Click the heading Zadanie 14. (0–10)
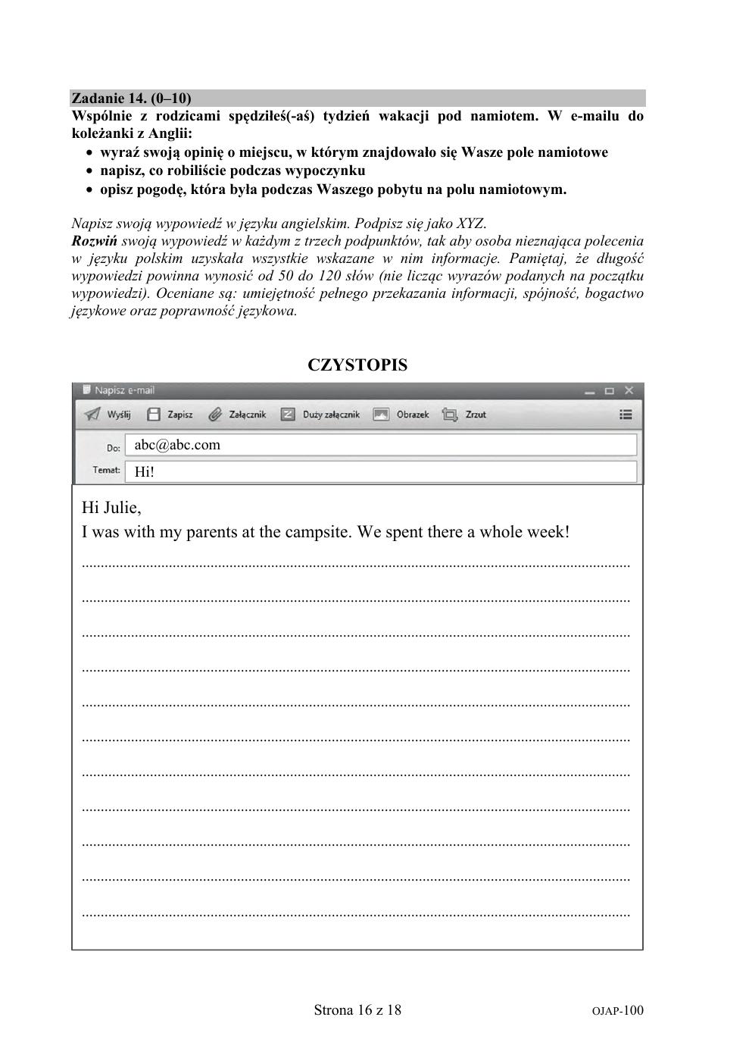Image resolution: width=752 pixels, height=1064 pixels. pos(130,99)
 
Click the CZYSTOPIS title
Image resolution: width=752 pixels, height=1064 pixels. pos(357,365)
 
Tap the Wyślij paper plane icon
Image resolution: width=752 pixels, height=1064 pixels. pos(92,415)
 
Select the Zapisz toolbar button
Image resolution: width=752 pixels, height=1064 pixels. pos(170,415)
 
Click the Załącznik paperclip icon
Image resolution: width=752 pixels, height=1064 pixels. pos(216,415)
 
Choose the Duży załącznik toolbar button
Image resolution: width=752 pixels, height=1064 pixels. pos(321,415)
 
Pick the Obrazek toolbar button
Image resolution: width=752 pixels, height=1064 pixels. pos(402,415)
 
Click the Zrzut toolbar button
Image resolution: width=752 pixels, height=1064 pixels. pos(465,415)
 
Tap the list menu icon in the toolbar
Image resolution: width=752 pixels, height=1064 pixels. pos(626,415)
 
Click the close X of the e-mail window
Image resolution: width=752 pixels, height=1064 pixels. pos(629,391)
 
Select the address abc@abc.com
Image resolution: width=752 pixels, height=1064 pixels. pos(177,445)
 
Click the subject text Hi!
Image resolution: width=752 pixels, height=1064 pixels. pos(144,471)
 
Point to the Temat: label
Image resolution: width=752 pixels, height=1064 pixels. pos(106,470)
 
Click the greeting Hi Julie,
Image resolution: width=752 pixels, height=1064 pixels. pos(111,507)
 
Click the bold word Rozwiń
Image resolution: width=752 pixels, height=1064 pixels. pos(94,241)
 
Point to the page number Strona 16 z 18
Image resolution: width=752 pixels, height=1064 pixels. pos(357,1009)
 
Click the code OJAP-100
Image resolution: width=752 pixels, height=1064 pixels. pos(617,1010)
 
